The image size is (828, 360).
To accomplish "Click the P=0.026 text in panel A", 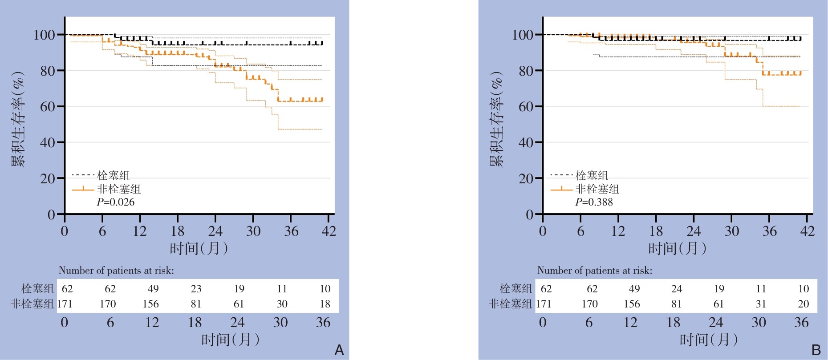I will (x=116, y=202).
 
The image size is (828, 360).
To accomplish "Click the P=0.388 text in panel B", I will (x=594, y=202).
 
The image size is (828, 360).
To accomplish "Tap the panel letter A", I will (x=339, y=350).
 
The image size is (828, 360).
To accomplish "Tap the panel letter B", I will (x=816, y=350).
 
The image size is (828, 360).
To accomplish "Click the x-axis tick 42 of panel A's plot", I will (x=329, y=231).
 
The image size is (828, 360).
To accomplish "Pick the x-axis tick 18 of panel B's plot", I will (x=656, y=231).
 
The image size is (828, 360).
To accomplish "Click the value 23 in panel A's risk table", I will (x=196, y=289).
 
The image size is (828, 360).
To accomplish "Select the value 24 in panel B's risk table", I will (x=677, y=289).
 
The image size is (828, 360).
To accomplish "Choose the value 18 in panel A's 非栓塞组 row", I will (x=325, y=304).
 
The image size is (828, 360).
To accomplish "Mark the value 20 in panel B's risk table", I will (x=804, y=304).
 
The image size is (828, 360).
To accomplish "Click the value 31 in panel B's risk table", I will (x=761, y=304).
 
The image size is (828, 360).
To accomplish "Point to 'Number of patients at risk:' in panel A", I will (x=116, y=271).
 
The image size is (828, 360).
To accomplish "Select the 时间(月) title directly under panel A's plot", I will (x=199, y=248).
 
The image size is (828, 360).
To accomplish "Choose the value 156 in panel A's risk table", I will (x=151, y=304).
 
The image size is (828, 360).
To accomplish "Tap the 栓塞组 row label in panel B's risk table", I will (x=516, y=289).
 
